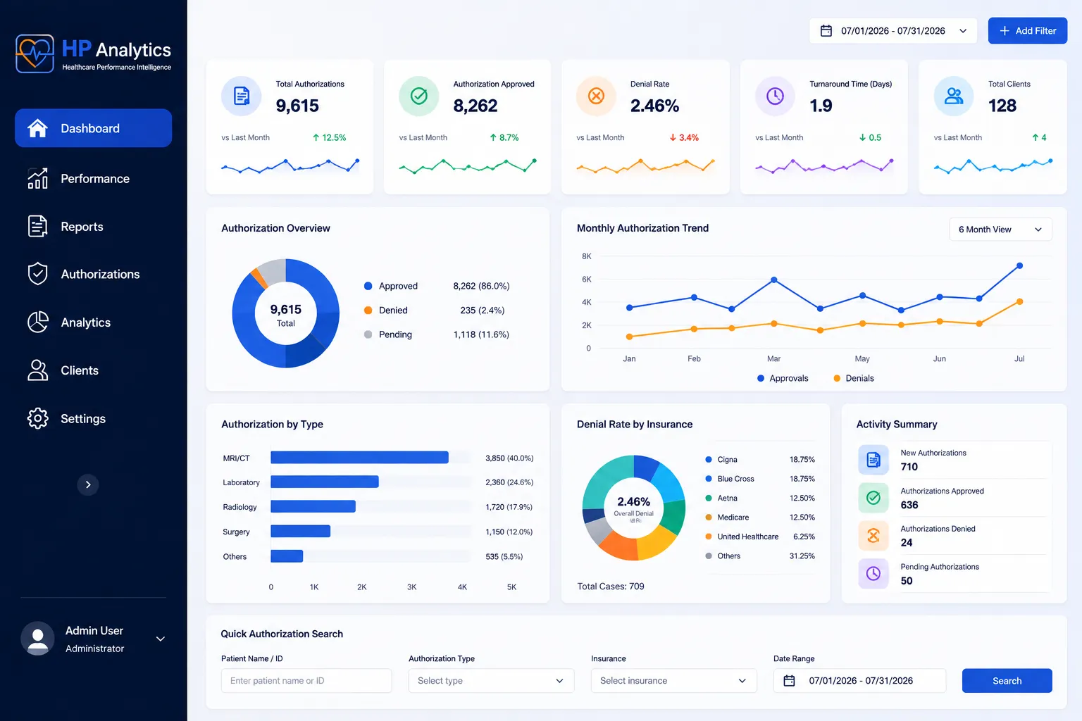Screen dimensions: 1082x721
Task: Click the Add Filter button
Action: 1028,31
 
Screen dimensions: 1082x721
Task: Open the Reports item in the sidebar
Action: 82,227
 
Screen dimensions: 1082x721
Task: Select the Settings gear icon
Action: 37,418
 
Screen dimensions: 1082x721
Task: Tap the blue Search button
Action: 1007,680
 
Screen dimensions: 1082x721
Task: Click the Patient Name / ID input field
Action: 306,680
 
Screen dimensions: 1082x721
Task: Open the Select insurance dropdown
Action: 673,680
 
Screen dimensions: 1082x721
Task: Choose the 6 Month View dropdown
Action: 1000,230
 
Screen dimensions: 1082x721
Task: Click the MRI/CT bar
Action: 359,458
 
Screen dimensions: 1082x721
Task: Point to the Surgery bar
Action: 301,531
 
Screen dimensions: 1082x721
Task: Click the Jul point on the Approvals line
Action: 1019,265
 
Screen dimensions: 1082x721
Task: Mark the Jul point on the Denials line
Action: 1019,302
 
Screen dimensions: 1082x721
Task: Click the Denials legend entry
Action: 854,378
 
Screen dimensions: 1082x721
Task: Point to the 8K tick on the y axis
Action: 586,256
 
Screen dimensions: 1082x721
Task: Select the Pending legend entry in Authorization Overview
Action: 388,334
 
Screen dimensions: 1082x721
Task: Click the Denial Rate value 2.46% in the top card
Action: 654,106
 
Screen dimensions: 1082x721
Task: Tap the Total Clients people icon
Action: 953,96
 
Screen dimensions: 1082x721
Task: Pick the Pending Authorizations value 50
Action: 906,580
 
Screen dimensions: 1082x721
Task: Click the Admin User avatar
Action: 37,639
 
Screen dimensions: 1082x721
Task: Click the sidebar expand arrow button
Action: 88,484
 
